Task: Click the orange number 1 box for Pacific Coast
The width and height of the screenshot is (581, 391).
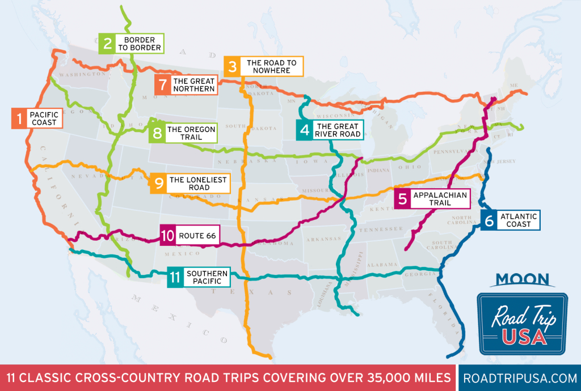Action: tap(19, 118)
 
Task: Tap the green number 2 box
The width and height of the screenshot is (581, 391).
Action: tap(106, 44)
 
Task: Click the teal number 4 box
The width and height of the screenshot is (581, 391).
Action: tap(304, 130)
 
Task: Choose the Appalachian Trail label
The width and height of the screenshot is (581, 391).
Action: tap(440, 199)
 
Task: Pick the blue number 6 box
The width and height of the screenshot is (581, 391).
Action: tap(488, 220)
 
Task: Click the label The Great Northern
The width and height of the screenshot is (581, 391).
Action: tap(194, 85)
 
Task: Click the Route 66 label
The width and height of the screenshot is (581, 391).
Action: tap(197, 235)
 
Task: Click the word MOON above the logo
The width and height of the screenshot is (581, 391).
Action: tap(522, 279)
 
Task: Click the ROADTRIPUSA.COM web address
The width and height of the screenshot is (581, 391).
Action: tap(519, 378)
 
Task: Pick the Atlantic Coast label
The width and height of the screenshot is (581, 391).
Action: tap(519, 220)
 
